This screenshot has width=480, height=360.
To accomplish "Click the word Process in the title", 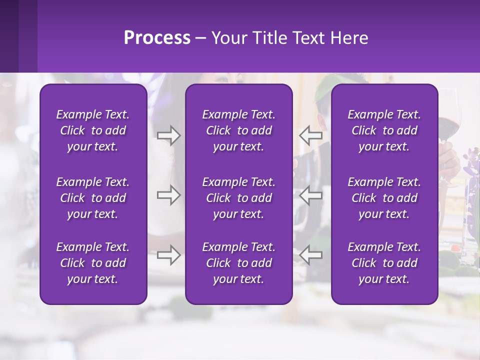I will (x=157, y=38).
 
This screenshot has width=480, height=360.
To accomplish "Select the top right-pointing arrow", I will (x=168, y=135).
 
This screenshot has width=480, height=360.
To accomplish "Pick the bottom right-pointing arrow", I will (x=168, y=255).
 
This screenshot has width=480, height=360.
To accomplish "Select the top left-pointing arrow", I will (x=311, y=135).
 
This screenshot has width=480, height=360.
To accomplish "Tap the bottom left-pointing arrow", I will (x=311, y=255).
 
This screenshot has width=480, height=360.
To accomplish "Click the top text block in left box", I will (x=93, y=130).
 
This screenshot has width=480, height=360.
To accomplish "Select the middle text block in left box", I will (x=93, y=198).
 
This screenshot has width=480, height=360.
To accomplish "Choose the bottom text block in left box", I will (x=93, y=263).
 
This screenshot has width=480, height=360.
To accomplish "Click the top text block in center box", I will (x=238, y=130).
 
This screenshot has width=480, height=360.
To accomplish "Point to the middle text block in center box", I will (x=238, y=198).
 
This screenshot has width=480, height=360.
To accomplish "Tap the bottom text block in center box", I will (x=238, y=263).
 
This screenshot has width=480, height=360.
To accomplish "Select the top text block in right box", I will (x=384, y=130).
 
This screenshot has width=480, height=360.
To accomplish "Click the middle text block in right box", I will (x=384, y=198).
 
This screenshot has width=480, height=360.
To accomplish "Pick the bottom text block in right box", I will (x=384, y=263).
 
